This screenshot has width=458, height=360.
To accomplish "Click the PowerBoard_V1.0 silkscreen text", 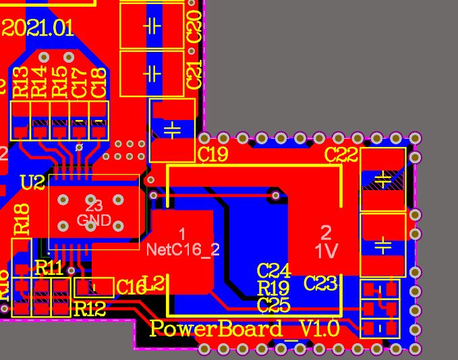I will (244, 329).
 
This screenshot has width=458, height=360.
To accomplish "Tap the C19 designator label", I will (213, 154).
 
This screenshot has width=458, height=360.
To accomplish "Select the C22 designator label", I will (341, 154).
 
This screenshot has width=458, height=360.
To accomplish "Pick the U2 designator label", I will (32, 182).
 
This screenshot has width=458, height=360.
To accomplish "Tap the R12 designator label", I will (90, 309).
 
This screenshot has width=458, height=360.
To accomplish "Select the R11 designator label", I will (49, 268).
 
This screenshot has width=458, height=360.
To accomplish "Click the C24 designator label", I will (274, 271).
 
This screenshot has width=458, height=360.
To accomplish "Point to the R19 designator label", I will (274, 289).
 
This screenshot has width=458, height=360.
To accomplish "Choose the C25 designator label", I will (274, 305).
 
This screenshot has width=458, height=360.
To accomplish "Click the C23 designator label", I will (320, 283).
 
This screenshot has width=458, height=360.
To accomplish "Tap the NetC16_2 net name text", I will (183, 249).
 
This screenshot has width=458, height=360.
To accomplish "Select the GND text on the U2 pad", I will (94, 220).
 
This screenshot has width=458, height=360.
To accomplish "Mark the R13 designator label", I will (20, 82).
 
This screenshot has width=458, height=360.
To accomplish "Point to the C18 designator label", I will (98, 82).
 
